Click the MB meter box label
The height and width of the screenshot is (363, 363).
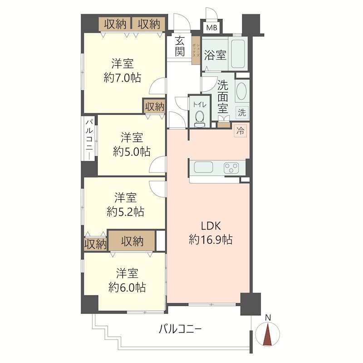211,28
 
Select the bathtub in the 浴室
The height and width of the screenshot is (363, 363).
238,54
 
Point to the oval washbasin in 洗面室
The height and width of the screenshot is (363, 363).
241,91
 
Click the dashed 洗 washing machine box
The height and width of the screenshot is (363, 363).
242,113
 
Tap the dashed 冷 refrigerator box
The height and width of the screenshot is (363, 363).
240,131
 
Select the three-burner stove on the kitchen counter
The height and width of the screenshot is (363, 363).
231,168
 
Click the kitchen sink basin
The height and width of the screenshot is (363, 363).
203,167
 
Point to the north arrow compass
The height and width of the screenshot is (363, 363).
268,333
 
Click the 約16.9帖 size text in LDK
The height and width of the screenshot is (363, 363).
211,240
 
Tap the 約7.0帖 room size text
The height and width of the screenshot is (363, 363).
122,78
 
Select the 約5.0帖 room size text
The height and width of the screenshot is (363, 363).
132,152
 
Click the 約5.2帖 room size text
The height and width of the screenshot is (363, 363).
126,211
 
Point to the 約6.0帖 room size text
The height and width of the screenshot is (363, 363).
127,287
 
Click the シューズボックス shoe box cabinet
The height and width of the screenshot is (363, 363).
196,50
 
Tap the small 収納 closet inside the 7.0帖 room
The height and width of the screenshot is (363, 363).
154,107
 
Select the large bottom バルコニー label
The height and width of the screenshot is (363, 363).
180,329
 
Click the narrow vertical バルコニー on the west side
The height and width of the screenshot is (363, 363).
89,138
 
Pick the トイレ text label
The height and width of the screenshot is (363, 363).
199,105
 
